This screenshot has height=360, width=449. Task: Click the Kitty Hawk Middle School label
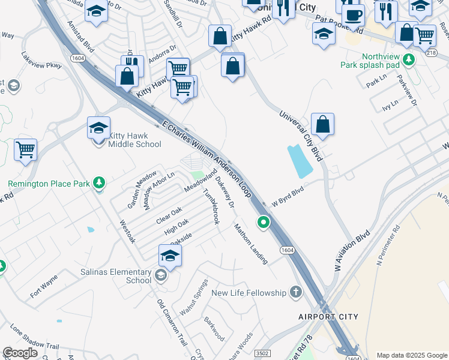134,140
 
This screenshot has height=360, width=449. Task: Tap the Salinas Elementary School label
116,276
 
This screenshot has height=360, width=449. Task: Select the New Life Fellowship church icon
295,292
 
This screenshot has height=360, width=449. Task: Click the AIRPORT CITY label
328,316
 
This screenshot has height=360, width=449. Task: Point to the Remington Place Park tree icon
100,183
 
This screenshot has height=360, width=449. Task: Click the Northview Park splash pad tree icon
409,59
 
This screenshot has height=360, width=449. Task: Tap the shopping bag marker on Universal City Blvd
322,125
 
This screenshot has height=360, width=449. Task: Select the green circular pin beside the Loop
263,223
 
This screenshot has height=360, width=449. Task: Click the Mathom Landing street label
251,244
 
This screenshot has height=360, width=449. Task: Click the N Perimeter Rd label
388,236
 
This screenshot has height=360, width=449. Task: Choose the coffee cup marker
354,15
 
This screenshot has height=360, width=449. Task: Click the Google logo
20,353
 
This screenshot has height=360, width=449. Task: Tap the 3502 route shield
262,353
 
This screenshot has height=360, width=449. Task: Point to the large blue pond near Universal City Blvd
300,161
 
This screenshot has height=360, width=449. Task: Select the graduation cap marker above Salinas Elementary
170,256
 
